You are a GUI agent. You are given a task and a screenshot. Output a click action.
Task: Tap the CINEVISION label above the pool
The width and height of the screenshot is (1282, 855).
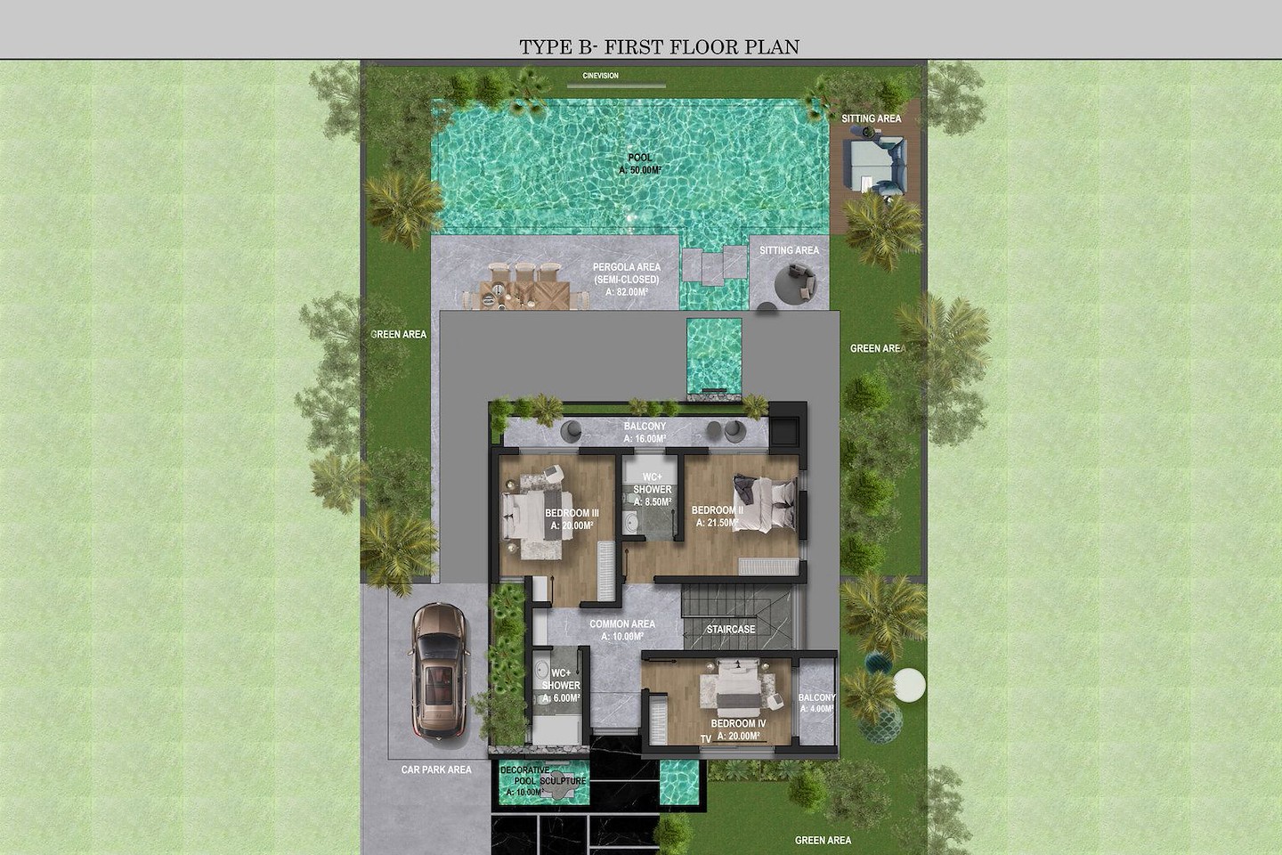(600, 76)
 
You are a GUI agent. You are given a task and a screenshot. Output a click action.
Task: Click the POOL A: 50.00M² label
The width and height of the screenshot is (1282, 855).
(640, 164)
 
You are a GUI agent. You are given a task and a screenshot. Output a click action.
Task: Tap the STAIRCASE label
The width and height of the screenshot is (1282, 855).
(731, 630)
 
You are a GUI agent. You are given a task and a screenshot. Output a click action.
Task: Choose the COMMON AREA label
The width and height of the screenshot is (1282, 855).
(622, 630)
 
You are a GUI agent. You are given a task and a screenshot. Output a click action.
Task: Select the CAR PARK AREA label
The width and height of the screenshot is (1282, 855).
(436, 769)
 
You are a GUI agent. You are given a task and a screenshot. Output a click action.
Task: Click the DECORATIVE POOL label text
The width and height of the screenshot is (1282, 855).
(525, 776)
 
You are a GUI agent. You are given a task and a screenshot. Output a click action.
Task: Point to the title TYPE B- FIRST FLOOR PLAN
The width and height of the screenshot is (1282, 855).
(660, 47)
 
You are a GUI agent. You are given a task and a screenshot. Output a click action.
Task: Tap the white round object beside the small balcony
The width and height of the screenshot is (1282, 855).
(909, 684)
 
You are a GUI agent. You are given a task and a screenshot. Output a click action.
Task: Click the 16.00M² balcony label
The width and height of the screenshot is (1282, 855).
(645, 432)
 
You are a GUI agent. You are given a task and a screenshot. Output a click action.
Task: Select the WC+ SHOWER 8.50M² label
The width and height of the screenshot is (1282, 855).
(653, 490)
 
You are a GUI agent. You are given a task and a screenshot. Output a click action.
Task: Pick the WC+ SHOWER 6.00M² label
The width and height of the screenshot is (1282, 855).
(561, 686)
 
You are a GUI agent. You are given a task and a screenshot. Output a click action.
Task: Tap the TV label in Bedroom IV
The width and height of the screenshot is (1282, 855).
(706, 738)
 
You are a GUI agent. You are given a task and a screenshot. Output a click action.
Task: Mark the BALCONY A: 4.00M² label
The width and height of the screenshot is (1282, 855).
(816, 704)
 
